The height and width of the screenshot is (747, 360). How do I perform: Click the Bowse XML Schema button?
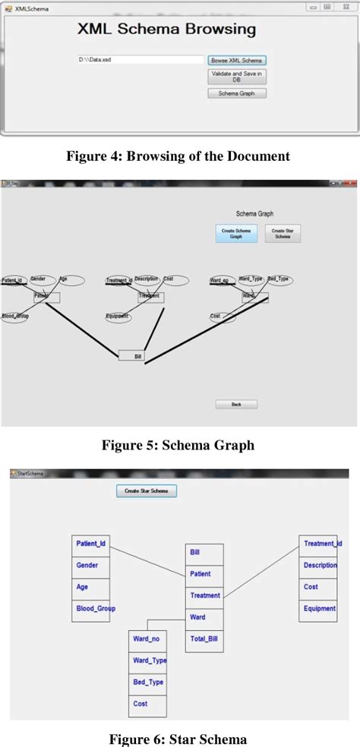coord(237,60)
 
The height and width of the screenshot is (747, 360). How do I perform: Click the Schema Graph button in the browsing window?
coord(237,93)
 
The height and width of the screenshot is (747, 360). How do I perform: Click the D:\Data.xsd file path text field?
coord(140,59)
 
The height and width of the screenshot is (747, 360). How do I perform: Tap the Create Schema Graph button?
coord(236,234)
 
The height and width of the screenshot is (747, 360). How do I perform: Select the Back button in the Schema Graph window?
coord(236,405)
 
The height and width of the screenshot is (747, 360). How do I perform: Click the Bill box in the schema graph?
coord(131,355)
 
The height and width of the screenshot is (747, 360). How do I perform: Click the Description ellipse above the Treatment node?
coord(147,280)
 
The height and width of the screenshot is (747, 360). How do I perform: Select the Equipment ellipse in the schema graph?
coord(118,317)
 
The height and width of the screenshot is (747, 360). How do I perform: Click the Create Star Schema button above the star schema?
coord(147,491)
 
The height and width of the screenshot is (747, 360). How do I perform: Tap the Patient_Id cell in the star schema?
coord(91,544)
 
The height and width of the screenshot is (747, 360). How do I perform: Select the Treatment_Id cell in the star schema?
coord(319,544)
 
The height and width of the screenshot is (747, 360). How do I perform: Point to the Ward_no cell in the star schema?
coord(147,639)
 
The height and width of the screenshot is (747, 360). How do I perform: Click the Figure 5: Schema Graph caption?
coord(178,446)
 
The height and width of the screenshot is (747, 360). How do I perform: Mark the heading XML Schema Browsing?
coord(166,30)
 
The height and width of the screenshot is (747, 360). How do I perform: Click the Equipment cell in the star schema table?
coord(319,609)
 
